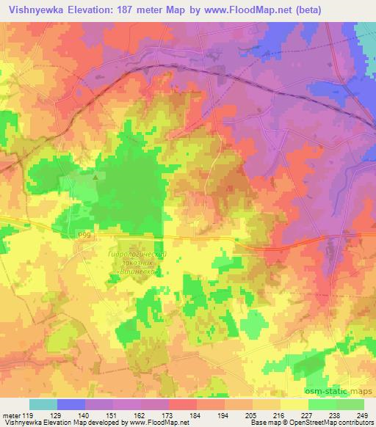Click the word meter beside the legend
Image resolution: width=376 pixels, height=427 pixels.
click(x=10, y=415)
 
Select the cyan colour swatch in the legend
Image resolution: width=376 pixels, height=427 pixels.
click(x=43, y=404)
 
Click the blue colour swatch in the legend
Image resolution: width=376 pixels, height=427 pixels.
click(x=70, y=404)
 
